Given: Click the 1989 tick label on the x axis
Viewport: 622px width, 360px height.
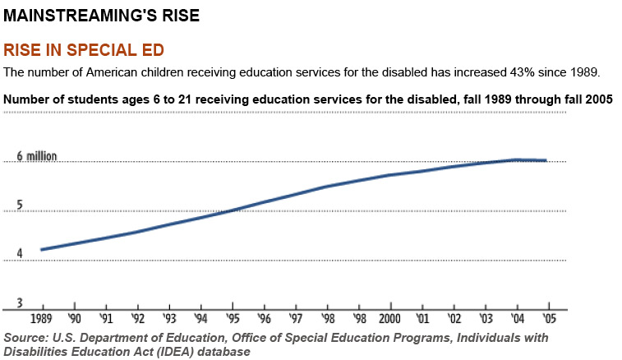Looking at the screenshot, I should [x=41, y=319].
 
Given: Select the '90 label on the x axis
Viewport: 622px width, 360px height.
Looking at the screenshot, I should [x=74, y=319].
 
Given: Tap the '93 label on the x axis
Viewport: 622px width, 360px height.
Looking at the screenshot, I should [x=168, y=319].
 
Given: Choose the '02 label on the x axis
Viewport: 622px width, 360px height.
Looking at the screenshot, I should [x=453, y=319].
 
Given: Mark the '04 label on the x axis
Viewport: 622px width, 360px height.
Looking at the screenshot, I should [x=516, y=319].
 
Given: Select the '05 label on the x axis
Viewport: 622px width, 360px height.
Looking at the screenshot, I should [x=546, y=319].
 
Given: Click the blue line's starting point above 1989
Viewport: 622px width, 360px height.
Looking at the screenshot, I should [x=41, y=249].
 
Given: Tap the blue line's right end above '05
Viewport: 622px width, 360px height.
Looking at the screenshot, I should [x=546, y=160].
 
